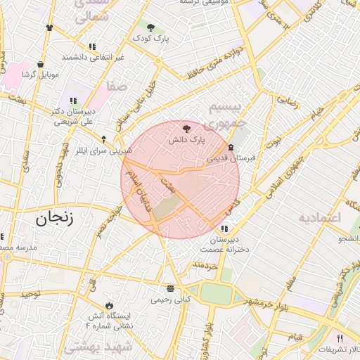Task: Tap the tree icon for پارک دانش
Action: (x=186, y=129)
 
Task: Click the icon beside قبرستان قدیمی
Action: (x=231, y=147)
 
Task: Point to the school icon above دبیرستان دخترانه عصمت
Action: (x=224, y=229)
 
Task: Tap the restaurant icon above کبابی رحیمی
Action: (x=170, y=288)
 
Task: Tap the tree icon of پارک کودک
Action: (x=150, y=27)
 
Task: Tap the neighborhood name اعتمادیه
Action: (x=320, y=217)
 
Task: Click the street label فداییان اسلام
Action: (x=141, y=200)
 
